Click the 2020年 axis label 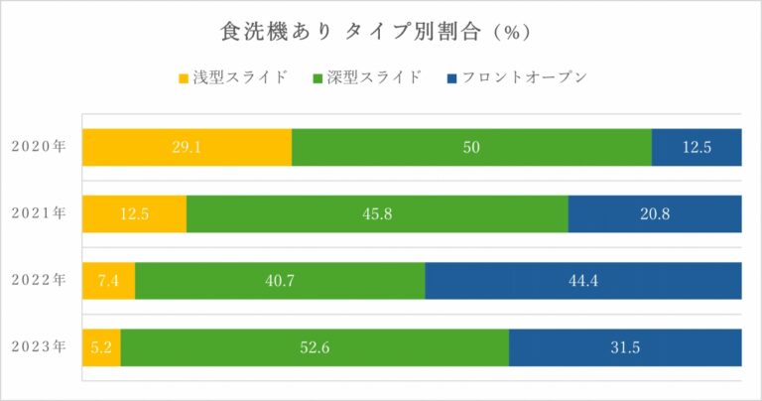(39, 147)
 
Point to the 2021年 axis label (39, 213)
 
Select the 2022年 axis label (39, 280)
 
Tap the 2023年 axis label (39, 346)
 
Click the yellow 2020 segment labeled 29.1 (187, 147)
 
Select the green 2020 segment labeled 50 (471, 147)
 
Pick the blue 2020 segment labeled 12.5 (697, 147)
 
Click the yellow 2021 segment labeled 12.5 (134, 213)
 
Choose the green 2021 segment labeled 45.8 (377, 213)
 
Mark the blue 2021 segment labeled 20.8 (655, 213)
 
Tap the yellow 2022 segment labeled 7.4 (108, 280)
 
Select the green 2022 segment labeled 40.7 (280, 280)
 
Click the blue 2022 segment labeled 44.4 (583, 280)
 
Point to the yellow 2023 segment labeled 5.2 (101, 346)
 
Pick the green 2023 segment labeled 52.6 (315, 346)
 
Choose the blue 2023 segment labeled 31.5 (625, 346)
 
